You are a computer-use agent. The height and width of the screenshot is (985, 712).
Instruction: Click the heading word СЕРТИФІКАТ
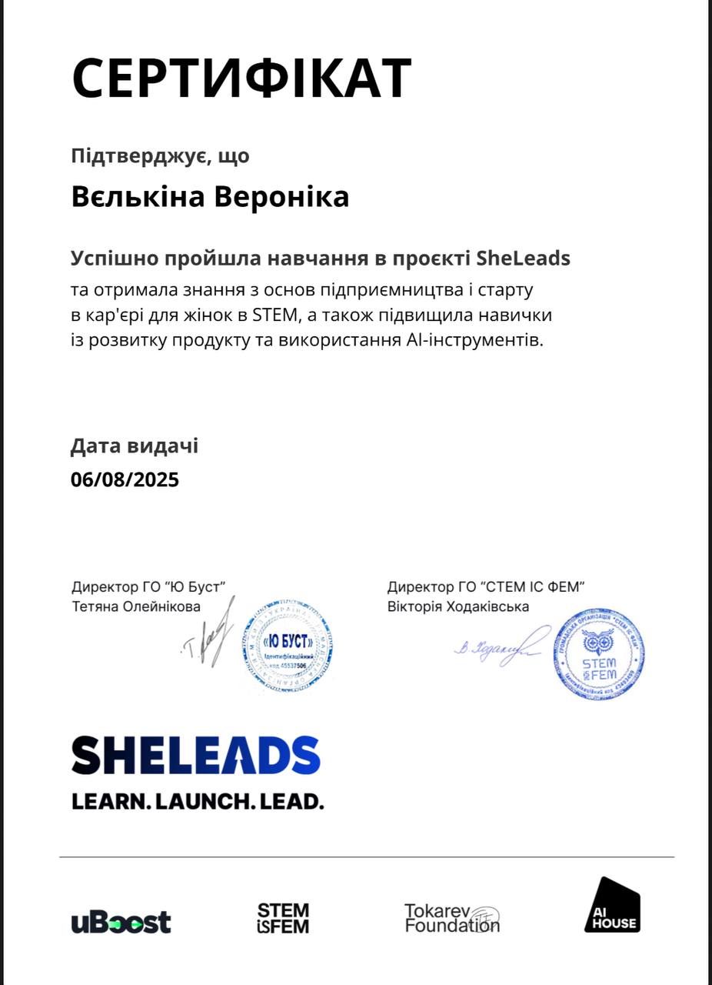[241, 78]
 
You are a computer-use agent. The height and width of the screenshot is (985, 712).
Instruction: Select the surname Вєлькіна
[138, 197]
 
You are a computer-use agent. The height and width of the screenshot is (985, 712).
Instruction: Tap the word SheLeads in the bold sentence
[523, 258]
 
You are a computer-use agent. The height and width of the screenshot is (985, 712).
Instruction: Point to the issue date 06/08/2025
[125, 479]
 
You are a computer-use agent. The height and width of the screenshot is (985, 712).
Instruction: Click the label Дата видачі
[135, 446]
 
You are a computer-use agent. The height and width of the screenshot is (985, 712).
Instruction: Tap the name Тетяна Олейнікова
[136, 606]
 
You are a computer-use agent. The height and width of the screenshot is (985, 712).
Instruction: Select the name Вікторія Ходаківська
[458, 606]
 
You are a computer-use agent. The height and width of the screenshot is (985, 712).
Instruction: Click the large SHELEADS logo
[196, 755]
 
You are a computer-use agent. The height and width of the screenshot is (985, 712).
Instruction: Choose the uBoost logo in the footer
[121, 921]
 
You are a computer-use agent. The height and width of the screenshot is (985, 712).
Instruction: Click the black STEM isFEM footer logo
[283, 919]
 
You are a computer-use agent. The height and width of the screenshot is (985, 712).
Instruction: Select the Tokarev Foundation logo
[452, 918]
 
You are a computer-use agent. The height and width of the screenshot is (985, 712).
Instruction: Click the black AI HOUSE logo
[612, 905]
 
